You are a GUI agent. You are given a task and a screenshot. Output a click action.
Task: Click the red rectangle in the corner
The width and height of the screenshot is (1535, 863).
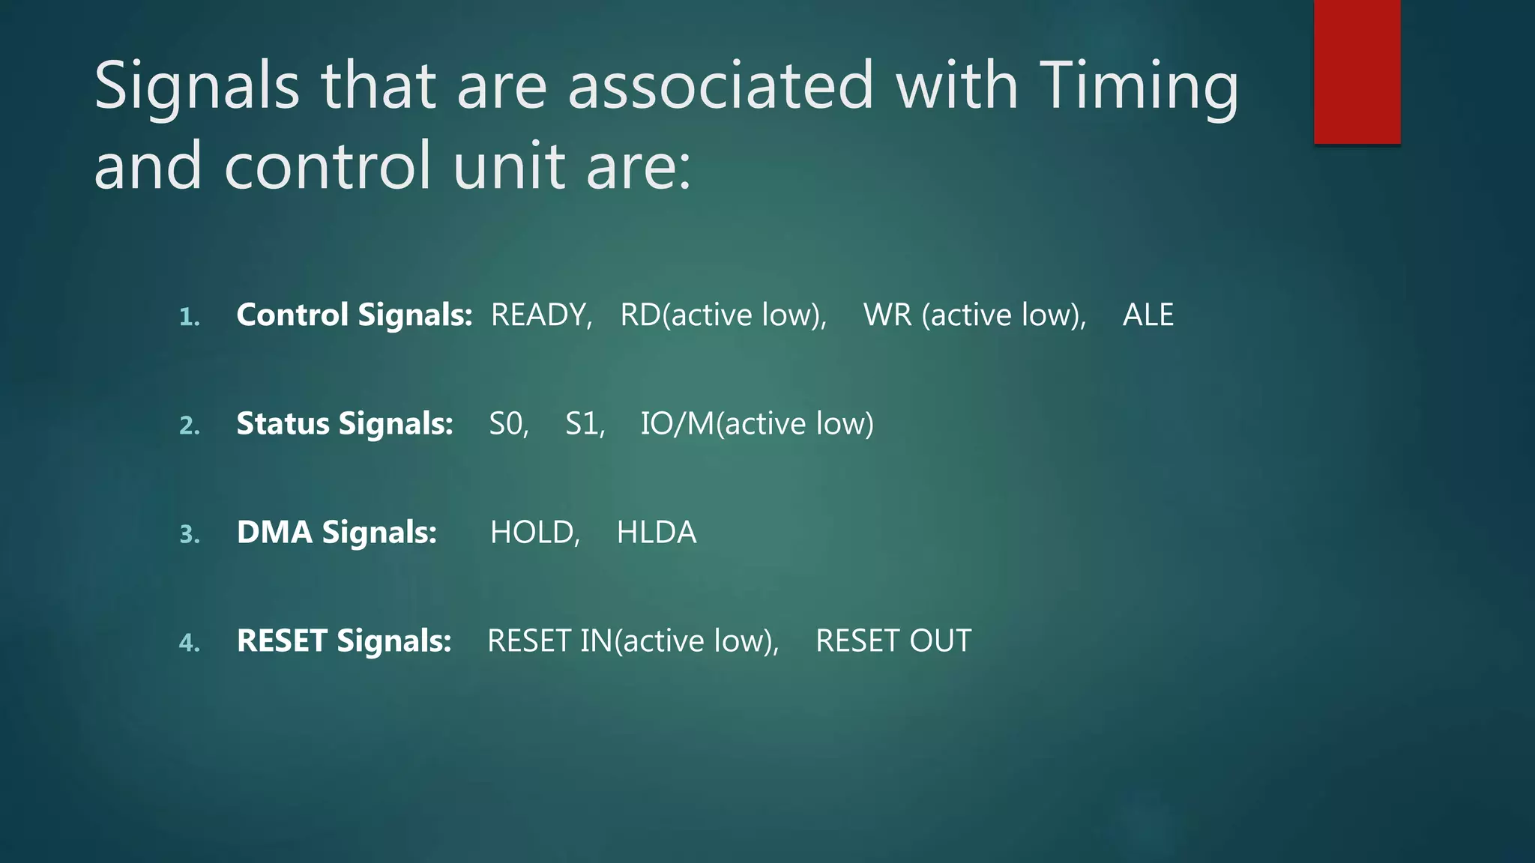1357,71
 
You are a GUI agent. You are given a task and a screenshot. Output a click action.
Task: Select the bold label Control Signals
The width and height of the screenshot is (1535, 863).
354,315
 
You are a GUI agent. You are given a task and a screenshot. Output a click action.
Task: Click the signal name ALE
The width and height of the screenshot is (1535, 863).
1148,315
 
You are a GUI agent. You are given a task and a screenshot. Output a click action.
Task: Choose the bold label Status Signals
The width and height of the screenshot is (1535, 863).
344,424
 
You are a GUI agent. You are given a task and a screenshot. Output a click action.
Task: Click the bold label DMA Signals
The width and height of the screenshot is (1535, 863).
337,533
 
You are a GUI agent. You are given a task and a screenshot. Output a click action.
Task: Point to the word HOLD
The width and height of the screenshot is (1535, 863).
533,533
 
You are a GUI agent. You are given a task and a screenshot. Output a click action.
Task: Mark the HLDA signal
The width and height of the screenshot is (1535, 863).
656,533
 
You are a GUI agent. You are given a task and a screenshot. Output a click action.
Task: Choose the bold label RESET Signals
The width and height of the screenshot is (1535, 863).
344,641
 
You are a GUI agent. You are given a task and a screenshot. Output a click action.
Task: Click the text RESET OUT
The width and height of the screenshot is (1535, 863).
893,641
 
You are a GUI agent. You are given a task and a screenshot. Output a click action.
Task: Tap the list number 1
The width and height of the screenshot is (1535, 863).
189,318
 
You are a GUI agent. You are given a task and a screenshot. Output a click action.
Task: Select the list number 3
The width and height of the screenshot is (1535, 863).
189,535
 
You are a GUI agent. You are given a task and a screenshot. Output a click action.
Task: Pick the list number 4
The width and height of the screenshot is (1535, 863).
189,644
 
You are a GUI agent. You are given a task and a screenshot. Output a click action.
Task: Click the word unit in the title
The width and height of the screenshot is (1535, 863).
508,166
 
